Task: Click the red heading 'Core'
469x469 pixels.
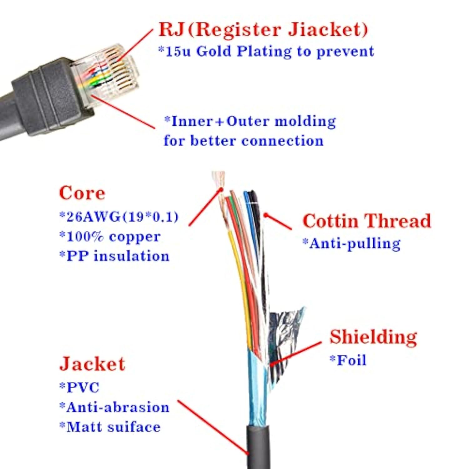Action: [x=82, y=193]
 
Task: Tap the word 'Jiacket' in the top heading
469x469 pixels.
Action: [x=327, y=30]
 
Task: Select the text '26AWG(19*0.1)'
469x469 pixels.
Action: [x=119, y=217]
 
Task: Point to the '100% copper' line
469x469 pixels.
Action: [x=110, y=237]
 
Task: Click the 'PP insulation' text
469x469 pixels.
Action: [x=114, y=256]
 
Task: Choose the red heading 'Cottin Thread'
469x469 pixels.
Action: [x=367, y=221]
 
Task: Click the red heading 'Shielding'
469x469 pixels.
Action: [x=373, y=337]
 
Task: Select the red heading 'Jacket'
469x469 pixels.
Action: [x=92, y=364]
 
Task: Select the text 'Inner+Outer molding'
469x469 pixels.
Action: [x=250, y=121]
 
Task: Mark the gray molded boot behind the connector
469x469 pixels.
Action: [x=47, y=100]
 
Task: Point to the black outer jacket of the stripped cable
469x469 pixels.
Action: [x=258, y=447]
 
